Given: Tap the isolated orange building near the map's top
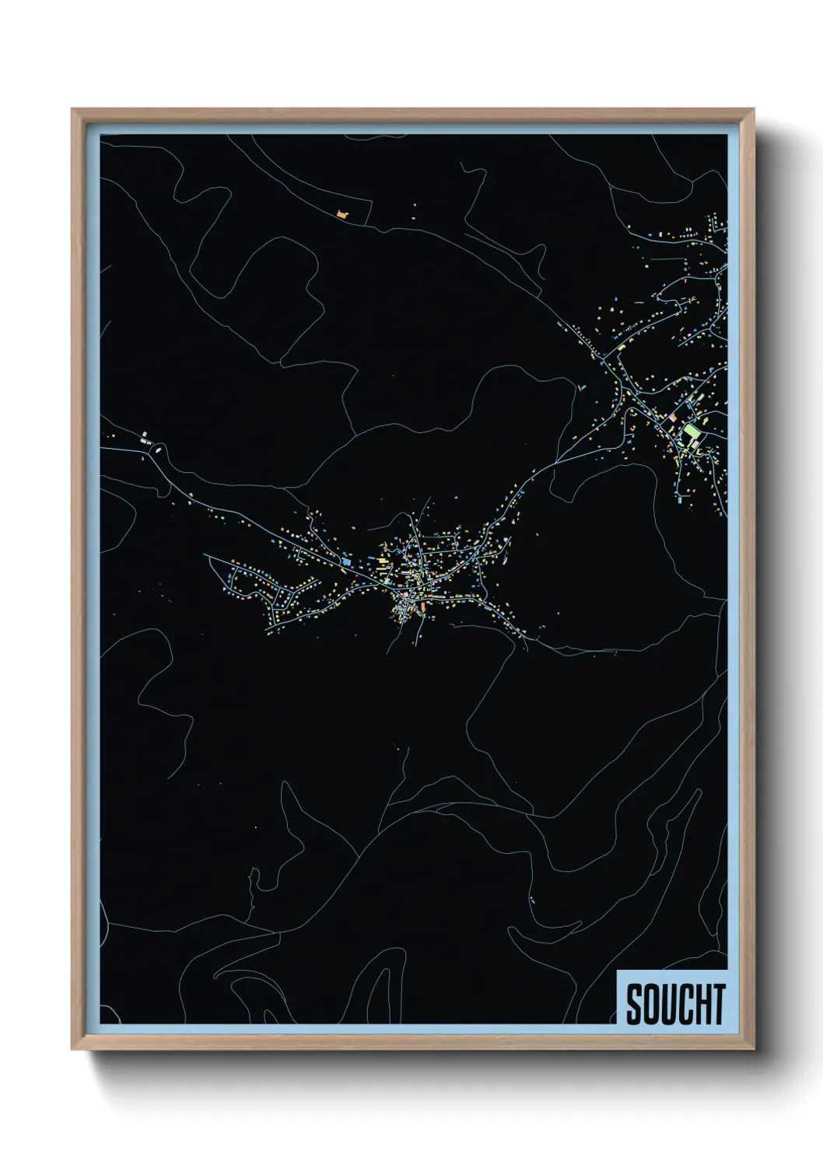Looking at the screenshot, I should point(341,212).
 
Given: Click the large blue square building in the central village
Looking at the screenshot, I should point(345,560).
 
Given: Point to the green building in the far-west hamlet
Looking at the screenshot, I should point(144,435).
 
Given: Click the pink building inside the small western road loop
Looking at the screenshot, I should point(159,449).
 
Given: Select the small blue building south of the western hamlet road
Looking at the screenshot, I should point(142,459).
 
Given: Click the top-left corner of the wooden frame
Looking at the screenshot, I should point(72,109).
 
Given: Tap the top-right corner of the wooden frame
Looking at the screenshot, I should point(755,109).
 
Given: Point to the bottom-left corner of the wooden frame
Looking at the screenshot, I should point(72,1049).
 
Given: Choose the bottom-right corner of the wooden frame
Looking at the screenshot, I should point(755,1049).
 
